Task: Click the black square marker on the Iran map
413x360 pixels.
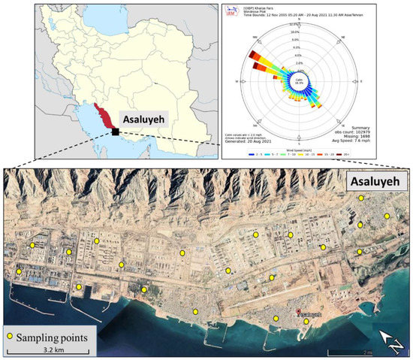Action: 115,132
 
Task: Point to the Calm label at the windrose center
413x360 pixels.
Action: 299,80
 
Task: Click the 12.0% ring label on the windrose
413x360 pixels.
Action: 294,25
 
